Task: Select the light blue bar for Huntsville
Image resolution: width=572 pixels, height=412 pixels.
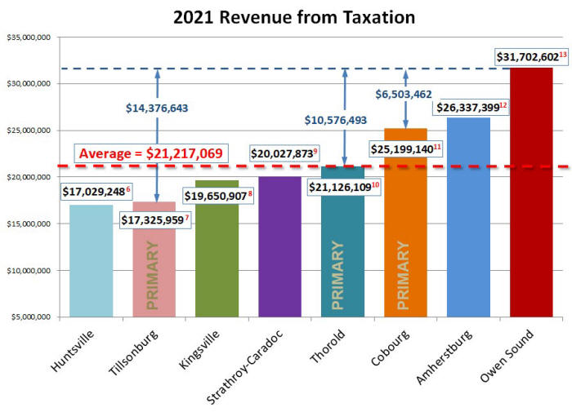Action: pyautogui.click(x=91, y=269)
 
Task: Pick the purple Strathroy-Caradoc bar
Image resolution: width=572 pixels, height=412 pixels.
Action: pyautogui.click(x=279, y=253)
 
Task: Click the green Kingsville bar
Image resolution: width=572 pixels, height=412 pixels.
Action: pyautogui.click(x=217, y=253)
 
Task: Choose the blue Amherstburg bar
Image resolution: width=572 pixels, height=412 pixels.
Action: pyautogui.click(x=468, y=220)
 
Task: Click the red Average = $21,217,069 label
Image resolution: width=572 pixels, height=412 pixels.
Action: pyautogui.click(x=151, y=153)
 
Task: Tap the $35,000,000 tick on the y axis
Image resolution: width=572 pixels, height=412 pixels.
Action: pyautogui.click(x=29, y=37)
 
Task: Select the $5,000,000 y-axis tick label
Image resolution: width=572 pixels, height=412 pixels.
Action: pyautogui.click(x=30, y=317)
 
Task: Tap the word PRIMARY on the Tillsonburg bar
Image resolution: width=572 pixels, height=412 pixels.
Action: pyautogui.click(x=153, y=277)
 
